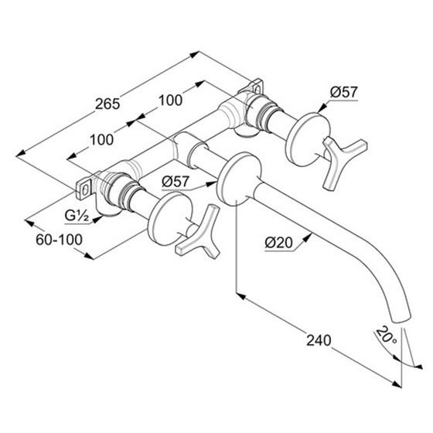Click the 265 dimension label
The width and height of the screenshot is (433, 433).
(107, 104)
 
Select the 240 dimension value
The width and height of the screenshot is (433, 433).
(319, 340)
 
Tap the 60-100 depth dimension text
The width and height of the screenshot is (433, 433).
(59, 240)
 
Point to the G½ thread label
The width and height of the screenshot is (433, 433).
(77, 216)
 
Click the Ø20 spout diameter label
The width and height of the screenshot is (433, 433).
(278, 243)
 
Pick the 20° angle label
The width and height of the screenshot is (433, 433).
(386, 336)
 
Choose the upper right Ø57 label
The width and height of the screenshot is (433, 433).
(344, 92)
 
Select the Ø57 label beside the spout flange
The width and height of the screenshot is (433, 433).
(176, 182)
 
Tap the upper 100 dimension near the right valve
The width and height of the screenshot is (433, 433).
(170, 101)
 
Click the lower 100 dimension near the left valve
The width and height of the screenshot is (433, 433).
(101, 140)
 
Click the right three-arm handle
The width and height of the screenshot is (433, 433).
(342, 162)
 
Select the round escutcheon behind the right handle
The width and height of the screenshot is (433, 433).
(307, 139)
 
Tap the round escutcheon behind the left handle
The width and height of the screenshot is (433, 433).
(171, 220)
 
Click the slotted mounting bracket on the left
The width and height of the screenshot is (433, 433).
(84, 189)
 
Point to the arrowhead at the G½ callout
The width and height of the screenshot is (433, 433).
(97, 220)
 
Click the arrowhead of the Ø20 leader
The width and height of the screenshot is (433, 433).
(308, 237)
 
